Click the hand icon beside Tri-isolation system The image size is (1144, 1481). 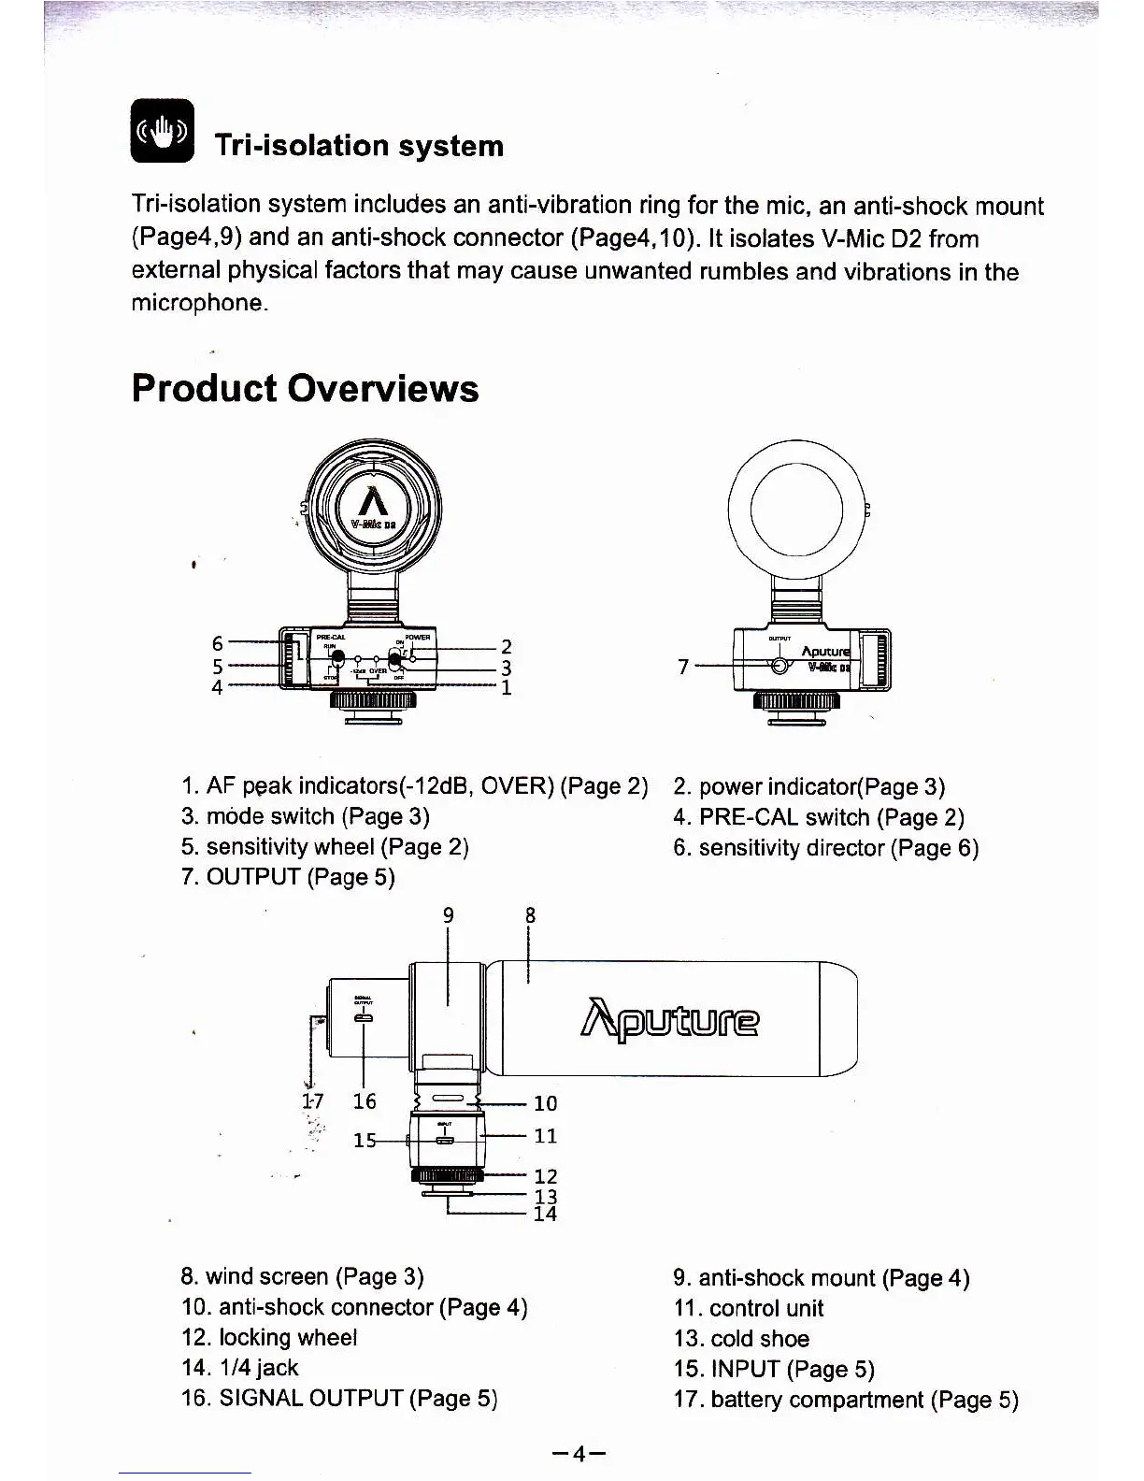(163, 130)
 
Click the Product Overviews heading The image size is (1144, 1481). (305, 388)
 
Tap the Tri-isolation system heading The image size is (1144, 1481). (359, 146)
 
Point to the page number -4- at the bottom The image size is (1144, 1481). (579, 1453)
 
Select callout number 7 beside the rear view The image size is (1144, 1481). (683, 666)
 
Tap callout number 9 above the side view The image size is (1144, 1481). (449, 915)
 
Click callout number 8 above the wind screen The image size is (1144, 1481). (530, 915)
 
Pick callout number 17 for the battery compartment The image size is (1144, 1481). (312, 1100)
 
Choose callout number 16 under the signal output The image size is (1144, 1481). (365, 1100)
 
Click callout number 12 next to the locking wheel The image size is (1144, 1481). (545, 1175)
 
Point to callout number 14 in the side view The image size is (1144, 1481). (545, 1214)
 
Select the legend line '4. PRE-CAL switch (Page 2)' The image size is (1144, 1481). (818, 817)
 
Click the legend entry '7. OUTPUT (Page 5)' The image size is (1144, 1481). (288, 877)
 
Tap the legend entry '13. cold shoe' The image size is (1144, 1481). (741, 1339)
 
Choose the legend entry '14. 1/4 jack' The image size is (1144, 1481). (240, 1368)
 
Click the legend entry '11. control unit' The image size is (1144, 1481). (749, 1308)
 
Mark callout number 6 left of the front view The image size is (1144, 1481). (218, 643)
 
